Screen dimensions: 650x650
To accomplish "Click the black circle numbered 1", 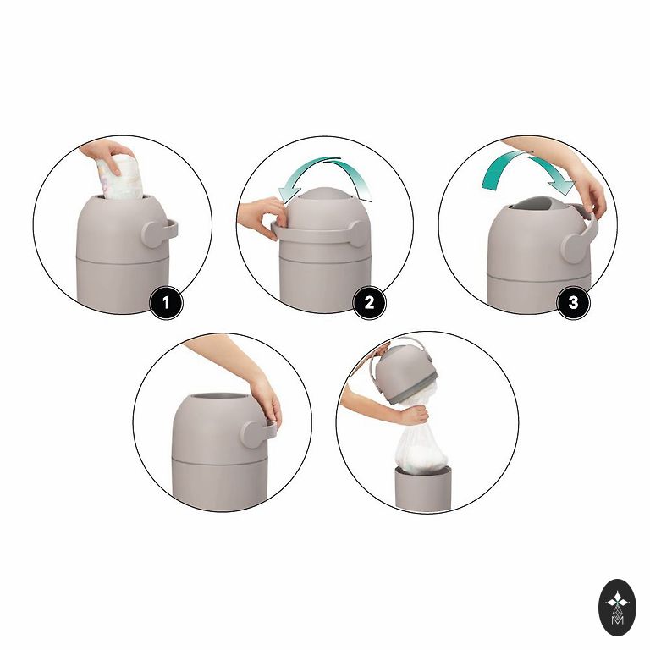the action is click(x=166, y=303).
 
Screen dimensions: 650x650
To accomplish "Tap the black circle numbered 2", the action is click(x=369, y=303).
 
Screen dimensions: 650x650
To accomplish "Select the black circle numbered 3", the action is click(x=573, y=303).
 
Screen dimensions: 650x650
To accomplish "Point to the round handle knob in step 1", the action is click(x=154, y=234).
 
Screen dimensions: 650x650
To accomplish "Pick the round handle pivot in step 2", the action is click(x=359, y=234).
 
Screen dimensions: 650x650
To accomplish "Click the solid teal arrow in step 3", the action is click(x=526, y=171).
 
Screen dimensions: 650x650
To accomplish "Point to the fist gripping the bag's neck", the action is click(x=415, y=416).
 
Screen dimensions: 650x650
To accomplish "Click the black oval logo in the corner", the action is click(x=617, y=608).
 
